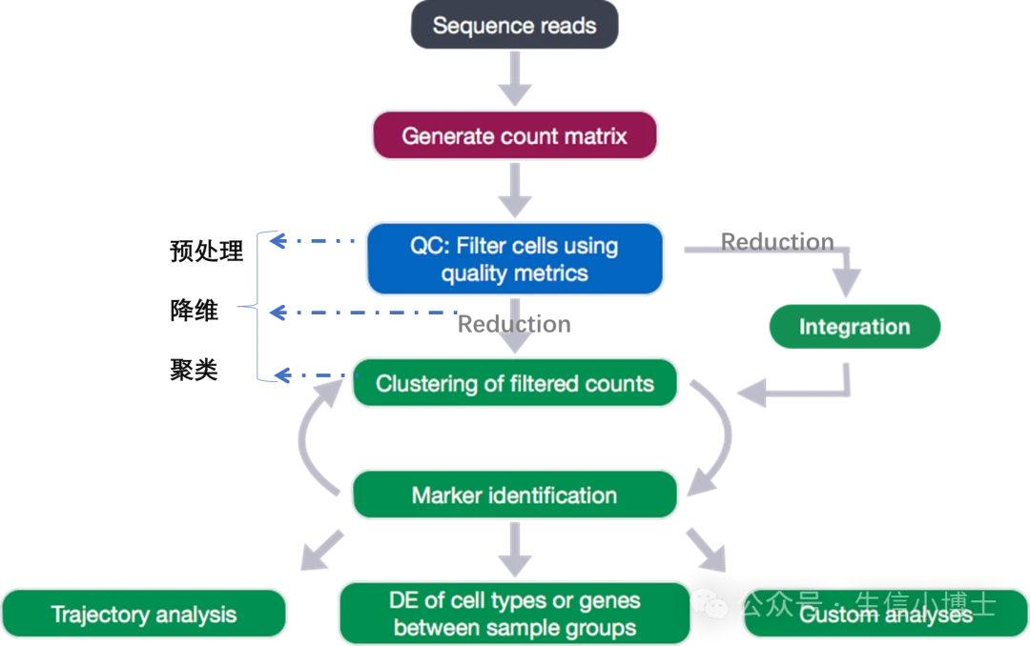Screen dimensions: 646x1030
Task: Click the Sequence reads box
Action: point(514,26)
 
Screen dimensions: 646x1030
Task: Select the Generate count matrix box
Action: point(514,135)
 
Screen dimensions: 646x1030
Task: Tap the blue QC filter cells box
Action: point(514,259)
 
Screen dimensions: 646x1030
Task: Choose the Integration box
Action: point(854,327)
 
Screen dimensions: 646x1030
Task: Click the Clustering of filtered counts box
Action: point(514,384)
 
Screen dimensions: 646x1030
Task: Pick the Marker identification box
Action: point(514,495)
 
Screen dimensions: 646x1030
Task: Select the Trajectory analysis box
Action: point(144,615)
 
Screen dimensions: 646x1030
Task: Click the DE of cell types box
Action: point(514,615)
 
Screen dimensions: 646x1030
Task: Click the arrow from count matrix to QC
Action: point(514,191)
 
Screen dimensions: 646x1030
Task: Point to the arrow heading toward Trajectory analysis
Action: point(319,553)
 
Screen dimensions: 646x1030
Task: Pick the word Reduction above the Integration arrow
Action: point(776,242)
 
